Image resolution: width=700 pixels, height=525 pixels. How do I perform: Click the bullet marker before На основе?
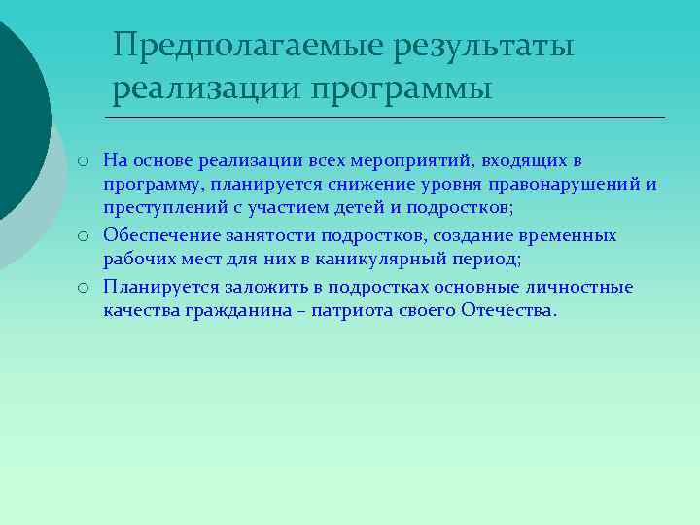pyautogui.click(x=86, y=160)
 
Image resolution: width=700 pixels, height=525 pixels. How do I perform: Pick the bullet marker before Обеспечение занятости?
pyautogui.click(x=86, y=236)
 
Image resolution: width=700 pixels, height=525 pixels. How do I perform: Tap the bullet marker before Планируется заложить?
pyautogui.click(x=86, y=288)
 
